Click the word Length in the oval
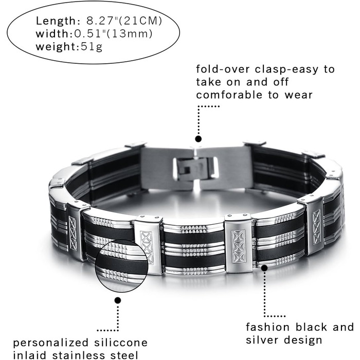[55, 21]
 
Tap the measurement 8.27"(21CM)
[124, 21]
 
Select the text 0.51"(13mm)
[113, 34]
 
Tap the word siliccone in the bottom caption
[121, 343]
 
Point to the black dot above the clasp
[199, 139]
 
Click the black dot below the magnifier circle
[118, 300]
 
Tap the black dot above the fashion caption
[264, 268]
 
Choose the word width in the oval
[52, 34]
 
